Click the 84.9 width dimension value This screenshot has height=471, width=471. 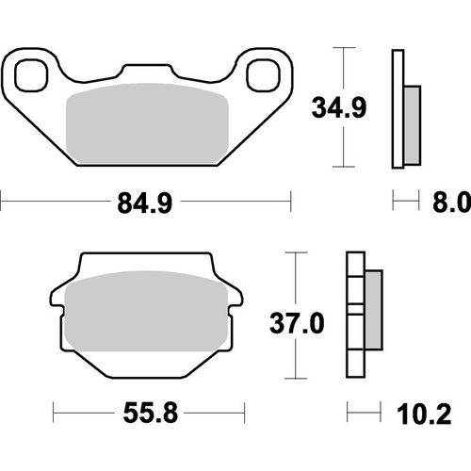[x=146, y=202]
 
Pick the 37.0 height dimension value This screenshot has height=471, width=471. [x=298, y=324]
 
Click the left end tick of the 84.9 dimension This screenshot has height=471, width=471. [x=3, y=201]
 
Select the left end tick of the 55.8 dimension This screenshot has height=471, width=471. [x=53, y=411]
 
